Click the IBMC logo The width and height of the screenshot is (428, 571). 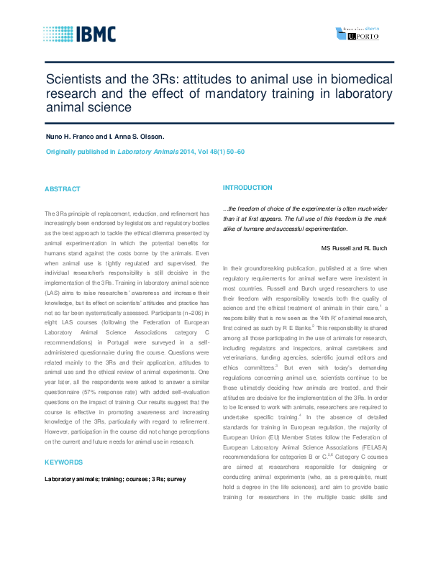pyautogui.click(x=78, y=34)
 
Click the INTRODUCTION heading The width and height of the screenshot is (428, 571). pyautogui.click(x=247, y=187)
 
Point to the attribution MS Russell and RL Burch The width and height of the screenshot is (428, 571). pyautogui.click(x=354, y=248)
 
